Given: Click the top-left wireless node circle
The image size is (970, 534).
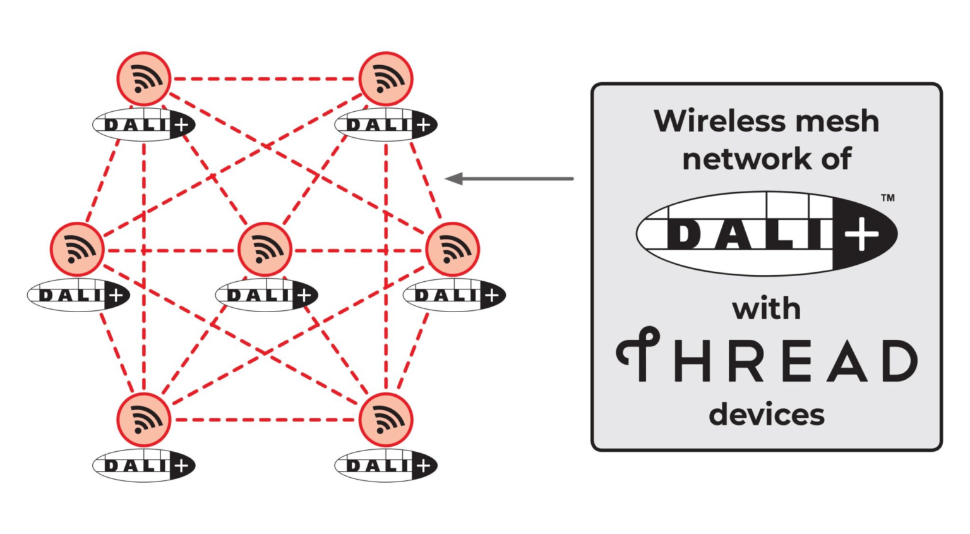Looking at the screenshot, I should point(144,79).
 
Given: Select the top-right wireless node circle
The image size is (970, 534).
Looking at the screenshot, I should point(386,79).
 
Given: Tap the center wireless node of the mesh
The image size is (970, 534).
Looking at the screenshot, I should point(265,249).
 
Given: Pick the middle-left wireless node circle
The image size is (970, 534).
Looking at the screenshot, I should point(77,249).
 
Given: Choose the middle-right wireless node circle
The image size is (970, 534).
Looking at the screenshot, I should point(453,249).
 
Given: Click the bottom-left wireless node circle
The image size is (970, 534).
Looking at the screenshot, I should point(144,420).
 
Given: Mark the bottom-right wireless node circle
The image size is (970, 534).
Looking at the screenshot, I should point(386,420).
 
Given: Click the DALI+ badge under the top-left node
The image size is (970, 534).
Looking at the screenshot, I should point(144,125).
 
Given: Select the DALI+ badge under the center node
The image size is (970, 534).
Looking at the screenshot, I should point(266,295).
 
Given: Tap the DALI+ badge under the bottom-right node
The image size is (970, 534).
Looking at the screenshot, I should point(386,466).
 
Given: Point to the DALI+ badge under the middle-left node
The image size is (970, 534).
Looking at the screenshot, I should point(78,295).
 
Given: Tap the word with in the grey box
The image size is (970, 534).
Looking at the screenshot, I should point(766,309).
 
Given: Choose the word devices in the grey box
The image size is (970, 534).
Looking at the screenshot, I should point(766,415).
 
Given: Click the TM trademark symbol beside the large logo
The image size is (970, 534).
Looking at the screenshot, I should point(887,198).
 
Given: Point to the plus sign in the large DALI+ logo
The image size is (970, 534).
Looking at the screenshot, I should point(862,235).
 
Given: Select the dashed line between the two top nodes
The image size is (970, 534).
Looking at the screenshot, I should point(265,79).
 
